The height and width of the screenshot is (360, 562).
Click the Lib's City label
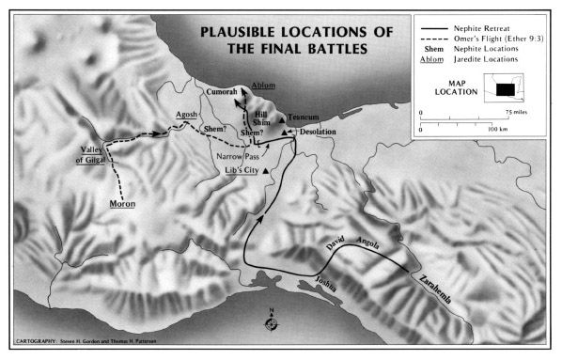(242, 170)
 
